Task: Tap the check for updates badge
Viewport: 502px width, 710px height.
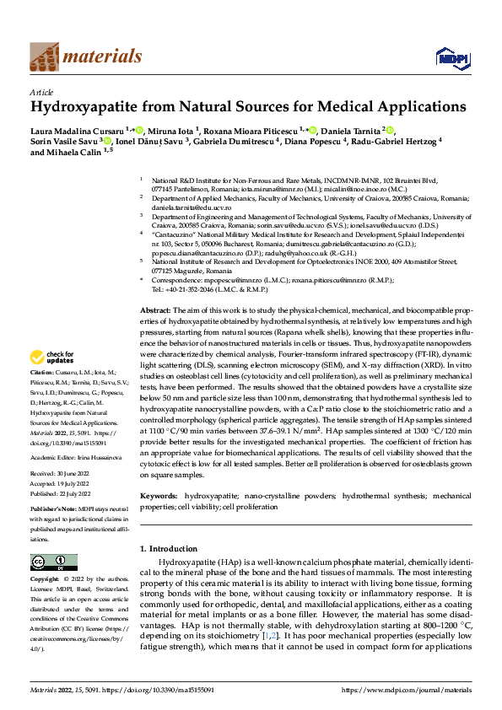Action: click(54, 382)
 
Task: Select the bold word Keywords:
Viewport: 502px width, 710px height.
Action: click(159, 497)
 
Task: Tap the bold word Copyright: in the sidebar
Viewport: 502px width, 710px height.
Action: click(45, 580)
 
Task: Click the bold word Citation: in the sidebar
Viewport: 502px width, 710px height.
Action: click(43, 395)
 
